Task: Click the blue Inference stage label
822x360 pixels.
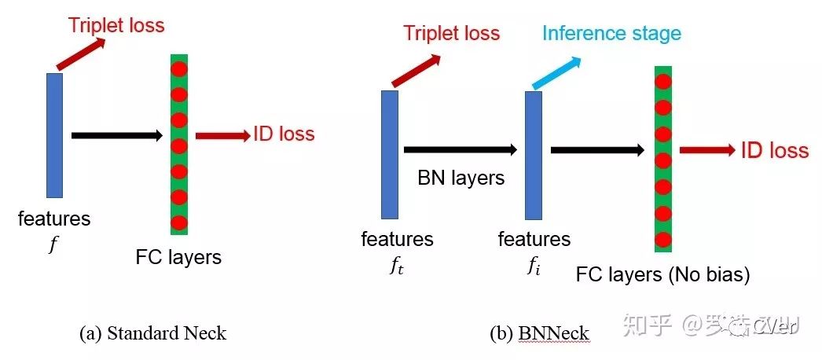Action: tap(611, 33)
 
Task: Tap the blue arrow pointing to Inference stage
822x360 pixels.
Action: tap(556, 73)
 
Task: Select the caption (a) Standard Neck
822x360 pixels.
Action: tap(152, 333)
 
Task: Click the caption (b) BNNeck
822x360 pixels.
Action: tap(539, 333)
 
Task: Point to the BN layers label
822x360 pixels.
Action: tap(461, 177)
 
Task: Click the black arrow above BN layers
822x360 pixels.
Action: tap(461, 149)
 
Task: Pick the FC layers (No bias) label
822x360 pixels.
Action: tap(662, 275)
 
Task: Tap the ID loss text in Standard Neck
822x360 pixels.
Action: tap(284, 134)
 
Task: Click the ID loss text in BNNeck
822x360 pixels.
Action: tap(774, 150)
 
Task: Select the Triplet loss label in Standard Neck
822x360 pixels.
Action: tap(116, 25)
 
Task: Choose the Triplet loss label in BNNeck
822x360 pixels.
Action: tap(452, 33)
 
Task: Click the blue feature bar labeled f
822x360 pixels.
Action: tap(54, 134)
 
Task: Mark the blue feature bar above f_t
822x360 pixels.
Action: tap(390, 154)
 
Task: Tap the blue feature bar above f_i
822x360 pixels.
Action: tap(534, 155)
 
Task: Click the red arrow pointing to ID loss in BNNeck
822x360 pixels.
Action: tap(707, 149)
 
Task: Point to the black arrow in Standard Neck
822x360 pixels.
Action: tap(116, 135)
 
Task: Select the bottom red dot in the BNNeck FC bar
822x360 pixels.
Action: tap(662, 239)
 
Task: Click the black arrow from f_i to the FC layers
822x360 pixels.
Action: tap(597, 149)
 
